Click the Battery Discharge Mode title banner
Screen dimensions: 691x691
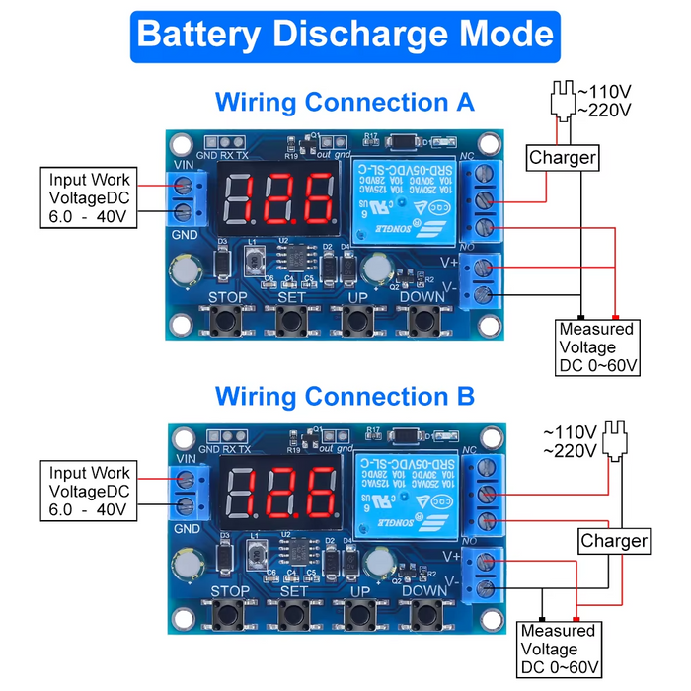pyautogui.click(x=345, y=34)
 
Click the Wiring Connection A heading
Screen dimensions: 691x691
pyautogui.click(x=345, y=102)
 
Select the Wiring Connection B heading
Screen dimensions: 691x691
pyautogui.click(x=345, y=397)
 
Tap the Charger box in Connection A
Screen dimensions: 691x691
pyautogui.click(x=563, y=157)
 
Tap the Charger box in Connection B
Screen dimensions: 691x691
pyautogui.click(x=613, y=541)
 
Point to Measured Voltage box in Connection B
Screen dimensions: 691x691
pyautogui.click(x=559, y=649)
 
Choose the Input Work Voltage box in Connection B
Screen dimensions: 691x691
pyautogui.click(x=89, y=492)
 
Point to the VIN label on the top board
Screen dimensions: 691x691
pyautogui.click(x=183, y=165)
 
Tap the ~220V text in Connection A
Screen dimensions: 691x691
pyautogui.click(x=604, y=110)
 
